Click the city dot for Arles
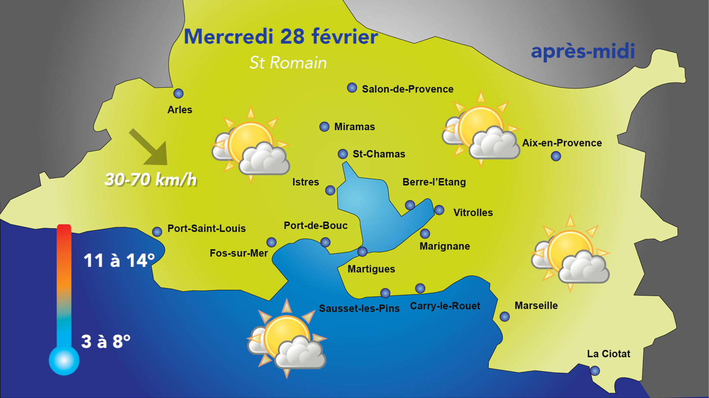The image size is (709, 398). [x=178, y=93]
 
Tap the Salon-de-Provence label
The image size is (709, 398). [x=407, y=89]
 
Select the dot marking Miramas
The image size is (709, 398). [x=324, y=127]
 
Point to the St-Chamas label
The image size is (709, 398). [x=379, y=154]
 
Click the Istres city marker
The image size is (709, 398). [x=330, y=190]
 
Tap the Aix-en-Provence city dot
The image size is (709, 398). [x=556, y=156]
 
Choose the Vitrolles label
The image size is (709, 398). [x=473, y=213]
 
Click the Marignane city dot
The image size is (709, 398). [x=425, y=233]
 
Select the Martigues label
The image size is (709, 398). [x=371, y=269]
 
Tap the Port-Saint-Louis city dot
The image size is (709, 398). [x=157, y=232]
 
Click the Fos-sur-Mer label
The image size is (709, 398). [x=239, y=253]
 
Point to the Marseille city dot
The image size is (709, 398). [x=504, y=316]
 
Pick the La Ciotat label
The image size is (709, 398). [x=608, y=354]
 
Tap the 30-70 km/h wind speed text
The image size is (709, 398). [x=151, y=180]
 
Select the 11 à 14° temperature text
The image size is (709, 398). [x=119, y=261]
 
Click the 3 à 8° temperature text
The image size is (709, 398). [x=106, y=342]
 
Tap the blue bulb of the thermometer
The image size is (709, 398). [x=64, y=360]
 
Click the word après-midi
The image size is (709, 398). [x=583, y=52]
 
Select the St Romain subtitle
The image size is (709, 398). [x=288, y=63]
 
